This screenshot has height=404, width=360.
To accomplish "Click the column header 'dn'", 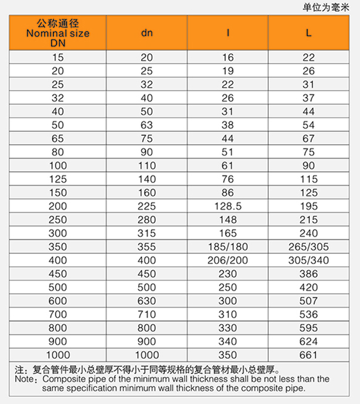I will [146, 33].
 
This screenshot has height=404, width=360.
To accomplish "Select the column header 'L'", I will [309, 33].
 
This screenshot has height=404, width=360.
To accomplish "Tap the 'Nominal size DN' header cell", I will [58, 34].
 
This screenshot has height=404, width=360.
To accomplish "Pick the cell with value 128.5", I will [228, 206].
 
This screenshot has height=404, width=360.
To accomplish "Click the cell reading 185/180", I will [228, 247].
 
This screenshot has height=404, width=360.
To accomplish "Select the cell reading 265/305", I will [309, 247].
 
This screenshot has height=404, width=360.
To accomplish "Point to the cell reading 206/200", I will [228, 261].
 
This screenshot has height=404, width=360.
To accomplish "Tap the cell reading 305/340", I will [309, 261].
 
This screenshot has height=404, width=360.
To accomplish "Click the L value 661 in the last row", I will [309, 355].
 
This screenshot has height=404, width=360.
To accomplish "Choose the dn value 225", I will [146, 206].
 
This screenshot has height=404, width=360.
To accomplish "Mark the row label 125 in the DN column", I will [58, 179].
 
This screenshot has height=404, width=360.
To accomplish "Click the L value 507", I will [309, 301].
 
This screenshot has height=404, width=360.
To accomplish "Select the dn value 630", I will [146, 301].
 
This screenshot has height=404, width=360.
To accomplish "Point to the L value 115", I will [309, 179].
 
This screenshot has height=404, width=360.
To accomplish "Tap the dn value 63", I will [146, 125].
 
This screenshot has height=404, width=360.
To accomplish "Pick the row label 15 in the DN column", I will [58, 58].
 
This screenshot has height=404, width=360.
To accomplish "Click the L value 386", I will [309, 274].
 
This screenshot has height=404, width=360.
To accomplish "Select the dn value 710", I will [146, 315].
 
